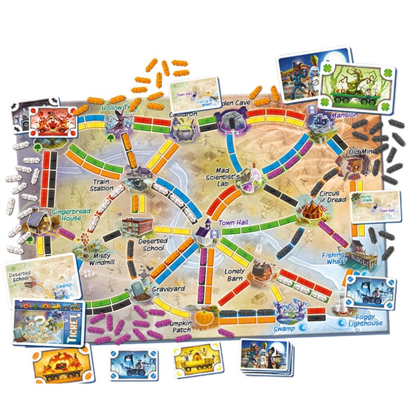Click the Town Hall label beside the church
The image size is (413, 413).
click(x=232, y=223)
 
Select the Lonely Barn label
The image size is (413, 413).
click(x=235, y=275)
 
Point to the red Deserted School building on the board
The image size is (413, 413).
click(x=137, y=225)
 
